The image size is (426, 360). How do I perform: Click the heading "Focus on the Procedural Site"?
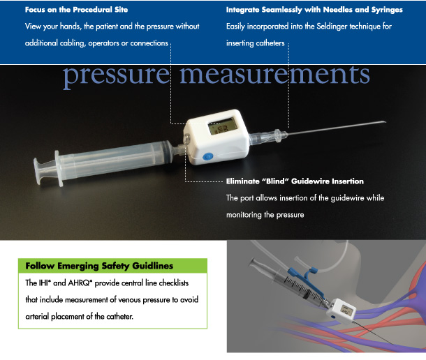coord(76,10)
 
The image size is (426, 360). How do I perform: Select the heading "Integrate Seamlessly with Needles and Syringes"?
coord(314,10)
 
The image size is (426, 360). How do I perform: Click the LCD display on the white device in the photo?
coord(223,126)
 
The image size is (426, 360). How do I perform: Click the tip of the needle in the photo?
coord(385,121)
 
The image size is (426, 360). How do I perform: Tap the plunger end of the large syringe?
coord(38,171)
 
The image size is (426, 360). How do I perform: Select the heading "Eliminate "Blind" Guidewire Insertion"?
coord(295,181)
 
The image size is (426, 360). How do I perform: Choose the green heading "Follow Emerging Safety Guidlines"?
coord(99,266)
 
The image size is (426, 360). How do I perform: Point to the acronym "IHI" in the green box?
coord(45,283)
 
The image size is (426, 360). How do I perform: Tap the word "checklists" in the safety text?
coord(174,283)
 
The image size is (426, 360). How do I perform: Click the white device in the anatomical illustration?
coord(341,311)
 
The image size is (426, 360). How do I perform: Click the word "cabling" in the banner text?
coord(73,43)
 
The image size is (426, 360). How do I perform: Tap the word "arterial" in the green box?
coord(37,317)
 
